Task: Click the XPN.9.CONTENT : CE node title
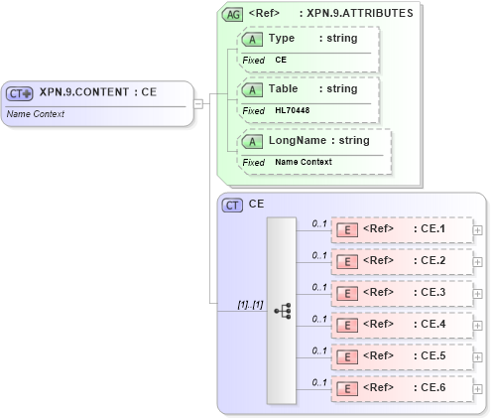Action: [x=97, y=92]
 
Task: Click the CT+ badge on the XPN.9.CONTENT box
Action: [x=20, y=93]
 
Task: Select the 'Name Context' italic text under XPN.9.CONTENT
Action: [x=36, y=114]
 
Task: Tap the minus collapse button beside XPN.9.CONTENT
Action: [x=198, y=102]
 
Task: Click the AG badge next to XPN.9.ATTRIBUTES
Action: [x=232, y=15]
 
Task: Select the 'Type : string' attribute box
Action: [x=307, y=48]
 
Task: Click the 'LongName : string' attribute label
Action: [x=318, y=141]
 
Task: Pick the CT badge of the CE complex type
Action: [x=232, y=205]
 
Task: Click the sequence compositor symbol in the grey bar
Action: [x=281, y=309]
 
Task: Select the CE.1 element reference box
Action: [x=401, y=229]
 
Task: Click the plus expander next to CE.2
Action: [x=478, y=262]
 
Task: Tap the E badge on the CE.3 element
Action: [x=347, y=294]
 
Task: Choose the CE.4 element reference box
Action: [x=401, y=325]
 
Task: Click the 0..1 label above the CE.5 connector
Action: [x=319, y=350]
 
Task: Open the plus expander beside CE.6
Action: [x=478, y=389]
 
